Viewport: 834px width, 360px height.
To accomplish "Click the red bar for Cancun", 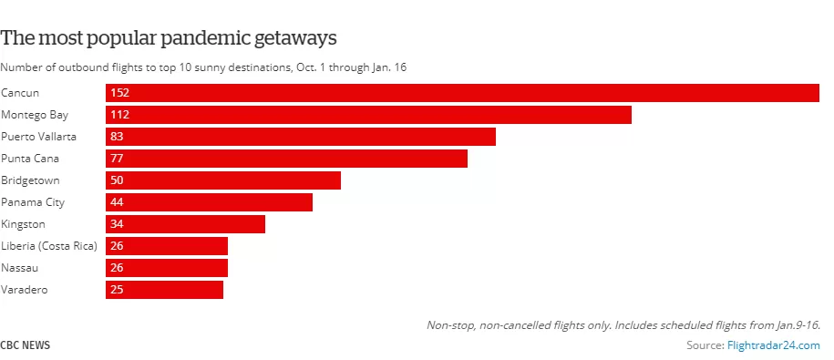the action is pyautogui.click(x=462, y=93).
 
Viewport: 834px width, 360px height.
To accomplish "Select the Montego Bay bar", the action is pyautogui.click(x=368, y=115).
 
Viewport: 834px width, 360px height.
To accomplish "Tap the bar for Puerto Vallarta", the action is pyautogui.click(x=301, y=137).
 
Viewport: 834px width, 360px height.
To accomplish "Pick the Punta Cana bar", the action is pyautogui.click(x=287, y=159).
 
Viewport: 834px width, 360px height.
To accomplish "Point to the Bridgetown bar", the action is pyautogui.click(x=223, y=180).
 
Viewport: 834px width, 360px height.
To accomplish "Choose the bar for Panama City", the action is pyautogui.click(x=209, y=202).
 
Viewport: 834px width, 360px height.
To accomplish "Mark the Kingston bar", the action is pyautogui.click(x=185, y=224).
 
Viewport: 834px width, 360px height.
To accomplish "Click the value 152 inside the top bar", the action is pyautogui.click(x=119, y=93).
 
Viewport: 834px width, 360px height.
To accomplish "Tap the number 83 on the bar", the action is pyautogui.click(x=117, y=137).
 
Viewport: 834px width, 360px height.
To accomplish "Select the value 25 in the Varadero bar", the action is pyautogui.click(x=117, y=290).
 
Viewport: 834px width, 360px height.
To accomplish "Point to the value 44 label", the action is pyautogui.click(x=117, y=202).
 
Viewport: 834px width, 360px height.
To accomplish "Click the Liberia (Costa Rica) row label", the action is pyautogui.click(x=49, y=246).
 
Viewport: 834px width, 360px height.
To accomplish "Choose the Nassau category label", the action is pyautogui.click(x=20, y=268).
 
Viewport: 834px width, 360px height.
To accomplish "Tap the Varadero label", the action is pyautogui.click(x=25, y=290).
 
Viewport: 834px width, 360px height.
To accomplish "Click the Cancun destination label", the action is pyautogui.click(x=20, y=93).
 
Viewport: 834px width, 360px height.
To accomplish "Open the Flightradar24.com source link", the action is pyautogui.click(x=774, y=345).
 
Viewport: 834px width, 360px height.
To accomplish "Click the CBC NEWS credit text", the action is pyautogui.click(x=25, y=345).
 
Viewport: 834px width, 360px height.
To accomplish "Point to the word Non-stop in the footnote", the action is pyautogui.click(x=451, y=324).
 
